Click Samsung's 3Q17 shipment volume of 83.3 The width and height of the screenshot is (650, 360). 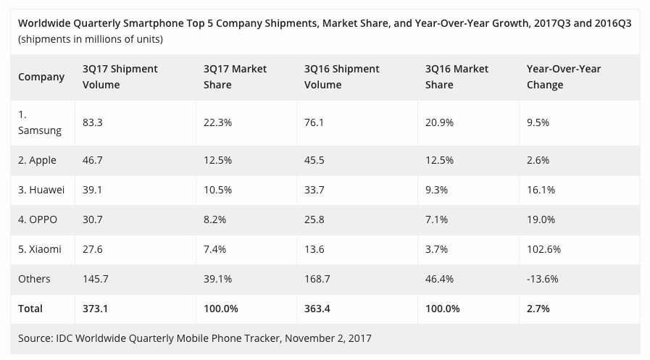[x=93, y=122]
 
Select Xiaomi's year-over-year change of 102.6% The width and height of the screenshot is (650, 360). [x=543, y=249]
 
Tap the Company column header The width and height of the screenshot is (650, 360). [x=41, y=77]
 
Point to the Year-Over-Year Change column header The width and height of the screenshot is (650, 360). [x=564, y=77]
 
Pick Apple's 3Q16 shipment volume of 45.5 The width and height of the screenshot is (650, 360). [x=314, y=160]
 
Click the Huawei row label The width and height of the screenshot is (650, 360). [x=41, y=191]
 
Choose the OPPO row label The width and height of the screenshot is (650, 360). [x=38, y=219]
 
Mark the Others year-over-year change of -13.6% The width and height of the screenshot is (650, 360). [x=542, y=279]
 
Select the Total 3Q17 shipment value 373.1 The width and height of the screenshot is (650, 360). [x=96, y=309]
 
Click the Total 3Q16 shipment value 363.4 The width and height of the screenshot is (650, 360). [x=317, y=309]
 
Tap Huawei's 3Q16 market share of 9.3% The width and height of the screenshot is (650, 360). [x=436, y=191]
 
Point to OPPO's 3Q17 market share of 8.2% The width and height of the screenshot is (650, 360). [x=214, y=219]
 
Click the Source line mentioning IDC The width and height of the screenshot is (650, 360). [x=195, y=338]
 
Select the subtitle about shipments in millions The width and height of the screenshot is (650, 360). [x=91, y=39]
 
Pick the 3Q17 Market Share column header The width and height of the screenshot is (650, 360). [x=235, y=77]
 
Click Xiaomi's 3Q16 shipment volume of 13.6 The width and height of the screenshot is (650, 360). [x=314, y=249]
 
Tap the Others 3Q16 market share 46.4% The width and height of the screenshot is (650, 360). [x=439, y=279]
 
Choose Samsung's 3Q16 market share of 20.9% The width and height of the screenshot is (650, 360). [x=439, y=122]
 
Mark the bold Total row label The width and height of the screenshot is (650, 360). [x=30, y=309]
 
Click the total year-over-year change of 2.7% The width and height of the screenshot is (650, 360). [x=538, y=309]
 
